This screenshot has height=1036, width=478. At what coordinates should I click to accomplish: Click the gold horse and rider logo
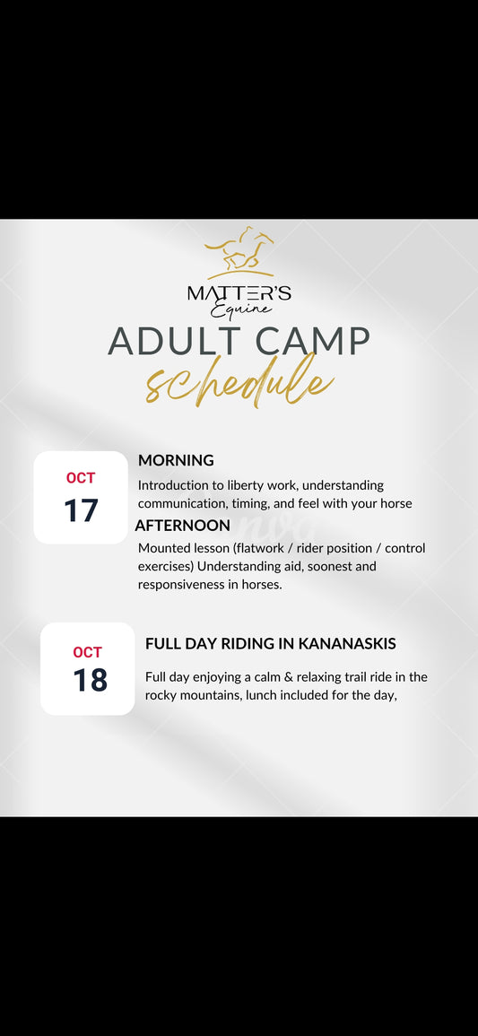(x=239, y=252)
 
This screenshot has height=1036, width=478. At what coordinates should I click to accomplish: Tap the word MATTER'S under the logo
(x=239, y=293)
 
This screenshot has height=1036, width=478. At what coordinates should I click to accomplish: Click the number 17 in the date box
(x=81, y=510)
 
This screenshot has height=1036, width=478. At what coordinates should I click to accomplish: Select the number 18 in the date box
(x=90, y=680)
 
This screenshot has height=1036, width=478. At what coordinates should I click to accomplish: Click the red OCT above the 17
(x=81, y=478)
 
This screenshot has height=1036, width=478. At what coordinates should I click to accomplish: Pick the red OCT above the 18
(x=88, y=652)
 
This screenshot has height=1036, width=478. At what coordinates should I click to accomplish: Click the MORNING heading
(x=177, y=460)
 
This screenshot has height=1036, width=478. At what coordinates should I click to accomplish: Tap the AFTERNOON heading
(x=183, y=526)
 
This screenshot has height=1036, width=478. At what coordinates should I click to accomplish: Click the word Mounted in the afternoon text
(x=162, y=548)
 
